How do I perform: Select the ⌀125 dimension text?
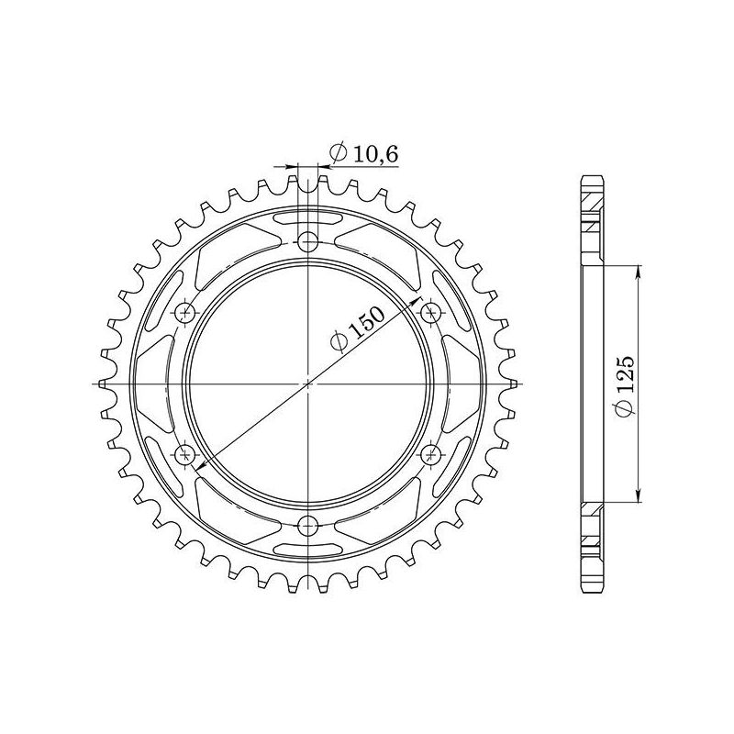625,385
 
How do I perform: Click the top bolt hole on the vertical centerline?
309,242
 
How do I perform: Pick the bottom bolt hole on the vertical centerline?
309,525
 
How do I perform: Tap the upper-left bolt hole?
188,313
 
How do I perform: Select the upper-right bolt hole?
430,313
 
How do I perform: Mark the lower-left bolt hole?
188,454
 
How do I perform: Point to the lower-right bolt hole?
430,454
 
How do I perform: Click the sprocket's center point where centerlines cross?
309,384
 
